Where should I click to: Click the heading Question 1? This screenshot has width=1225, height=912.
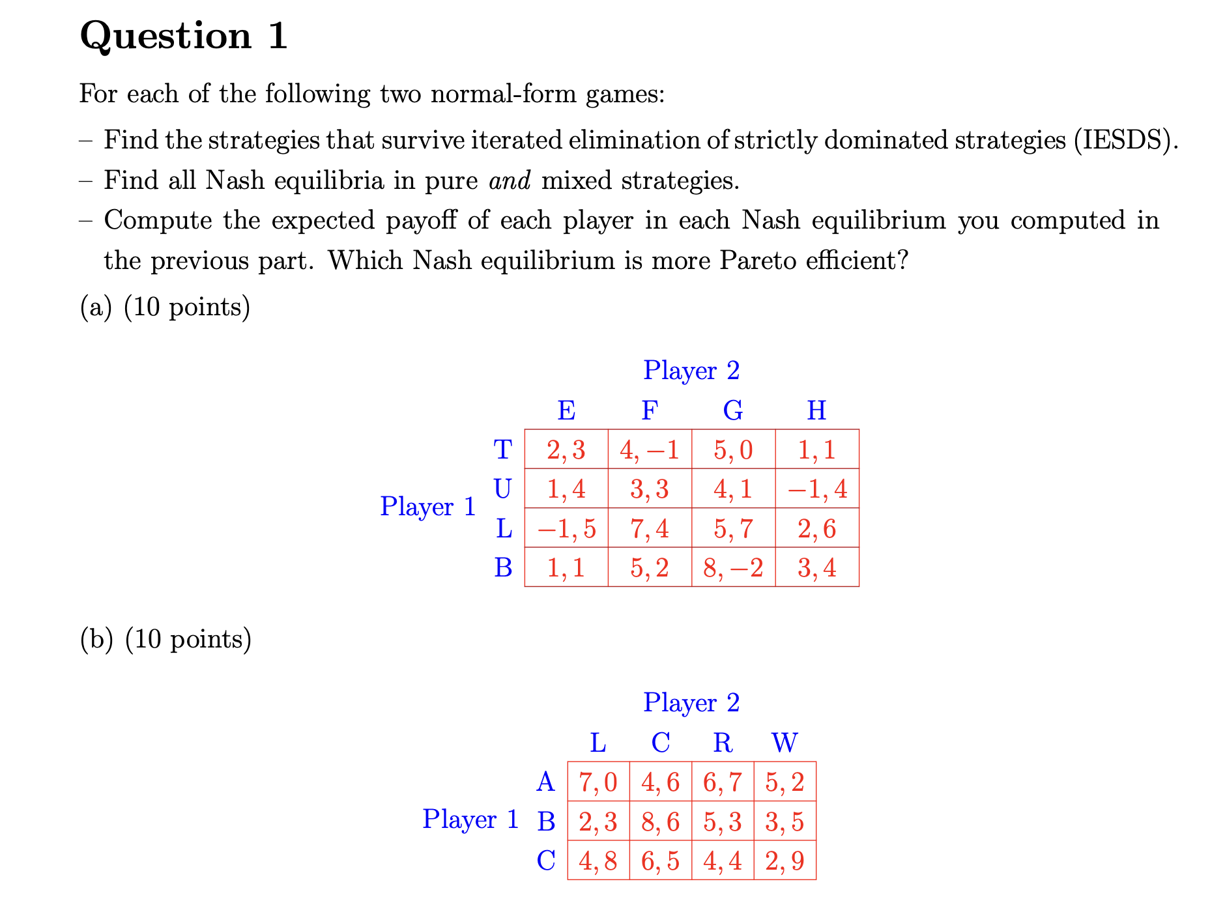coord(183,36)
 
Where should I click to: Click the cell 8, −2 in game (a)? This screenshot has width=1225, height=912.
coord(733,567)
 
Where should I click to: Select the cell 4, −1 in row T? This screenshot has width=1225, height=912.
coord(649,449)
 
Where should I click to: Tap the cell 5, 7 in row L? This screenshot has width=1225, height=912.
coord(733,528)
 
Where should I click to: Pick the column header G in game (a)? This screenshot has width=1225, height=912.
coord(733,410)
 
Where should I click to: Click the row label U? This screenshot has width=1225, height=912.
coord(502,489)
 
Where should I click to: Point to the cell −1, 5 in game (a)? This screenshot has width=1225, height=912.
coord(566,528)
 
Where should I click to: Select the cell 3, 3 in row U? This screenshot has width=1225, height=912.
coord(649,489)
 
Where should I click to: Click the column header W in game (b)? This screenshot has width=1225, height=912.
coord(785,742)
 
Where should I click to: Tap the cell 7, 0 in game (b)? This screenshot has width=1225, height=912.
coord(598,782)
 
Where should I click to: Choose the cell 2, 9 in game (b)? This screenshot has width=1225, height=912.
coord(785,861)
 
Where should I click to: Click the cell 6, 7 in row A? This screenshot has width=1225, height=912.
coord(722,782)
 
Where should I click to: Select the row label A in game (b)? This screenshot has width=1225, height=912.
coord(545,782)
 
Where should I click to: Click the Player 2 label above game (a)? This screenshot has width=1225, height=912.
coord(691,370)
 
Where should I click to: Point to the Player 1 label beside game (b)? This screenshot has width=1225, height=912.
coord(470,819)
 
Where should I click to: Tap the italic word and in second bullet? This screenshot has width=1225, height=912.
coord(510,180)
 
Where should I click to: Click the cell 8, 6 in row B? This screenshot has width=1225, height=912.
coord(660,821)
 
